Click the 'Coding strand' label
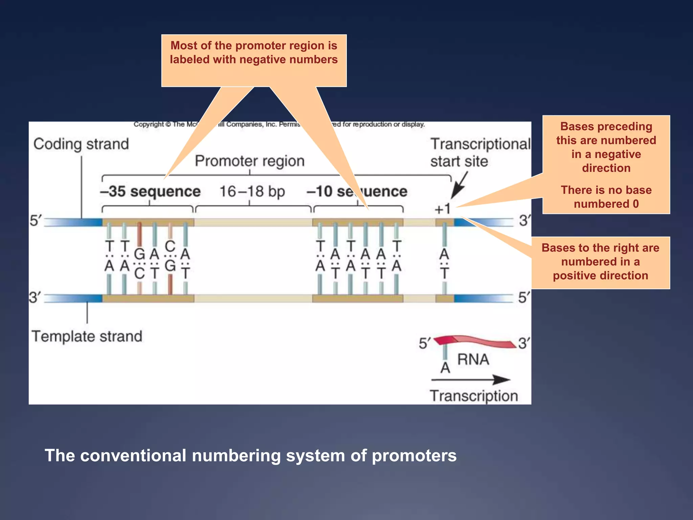click(x=81, y=144)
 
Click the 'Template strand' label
click(x=87, y=337)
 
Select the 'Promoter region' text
click(x=250, y=161)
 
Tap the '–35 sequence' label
click(x=150, y=192)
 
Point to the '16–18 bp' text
click(x=252, y=192)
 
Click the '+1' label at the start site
click(x=443, y=209)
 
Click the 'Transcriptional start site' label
click(x=480, y=152)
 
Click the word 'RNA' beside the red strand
click(x=473, y=360)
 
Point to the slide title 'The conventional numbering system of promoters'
click(x=250, y=455)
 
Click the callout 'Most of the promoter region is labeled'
click(x=254, y=53)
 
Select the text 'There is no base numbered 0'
click(x=606, y=197)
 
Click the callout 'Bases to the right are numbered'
click(x=600, y=262)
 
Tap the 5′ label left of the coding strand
click(x=35, y=221)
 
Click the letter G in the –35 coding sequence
click(x=139, y=254)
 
